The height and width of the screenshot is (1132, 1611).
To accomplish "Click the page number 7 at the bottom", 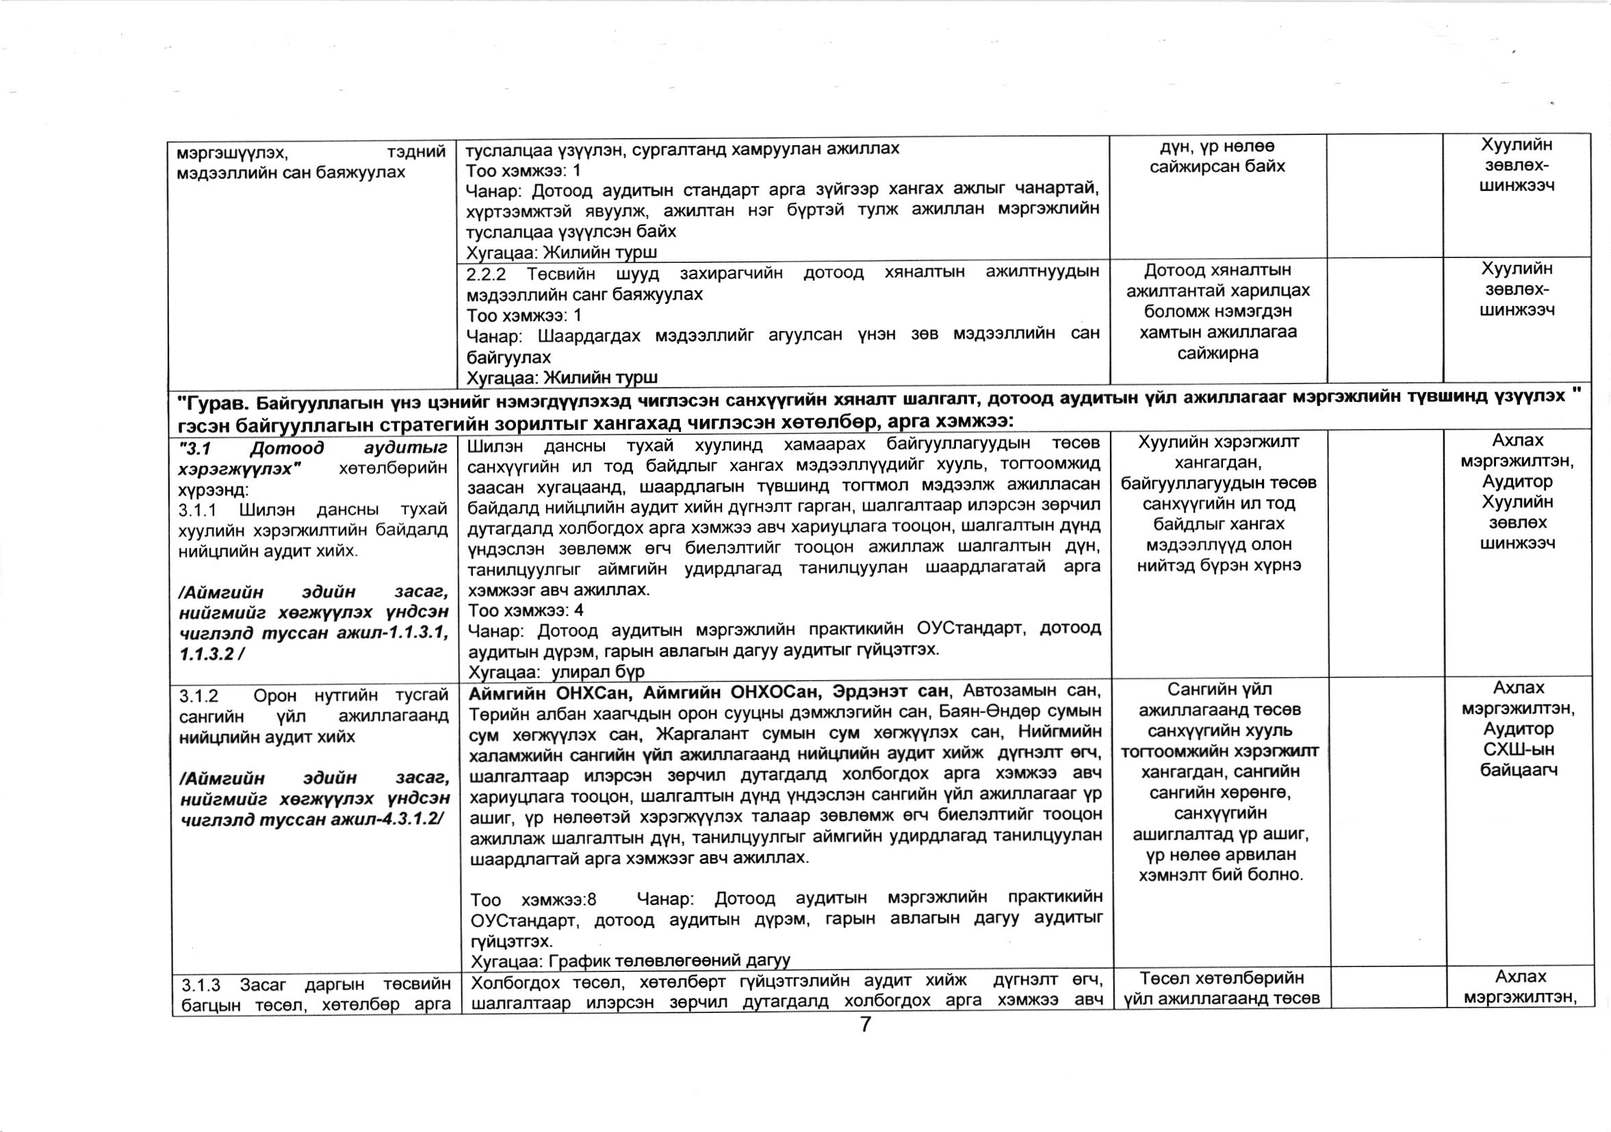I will tap(865, 1025).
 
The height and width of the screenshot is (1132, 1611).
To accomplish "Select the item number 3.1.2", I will tap(200, 695).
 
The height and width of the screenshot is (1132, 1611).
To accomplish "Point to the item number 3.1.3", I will tap(201, 986).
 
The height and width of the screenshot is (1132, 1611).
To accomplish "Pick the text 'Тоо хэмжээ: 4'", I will tap(526, 610).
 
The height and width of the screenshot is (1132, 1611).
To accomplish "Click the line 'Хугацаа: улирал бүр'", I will tap(556, 671).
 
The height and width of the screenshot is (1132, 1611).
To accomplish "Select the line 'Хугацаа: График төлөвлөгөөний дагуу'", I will tap(630, 960).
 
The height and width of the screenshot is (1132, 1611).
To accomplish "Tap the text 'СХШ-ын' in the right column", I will tap(1518, 749).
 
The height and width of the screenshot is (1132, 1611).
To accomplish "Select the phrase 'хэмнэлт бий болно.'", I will tap(1221, 875).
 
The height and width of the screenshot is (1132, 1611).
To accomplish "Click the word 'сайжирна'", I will tap(1218, 353).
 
